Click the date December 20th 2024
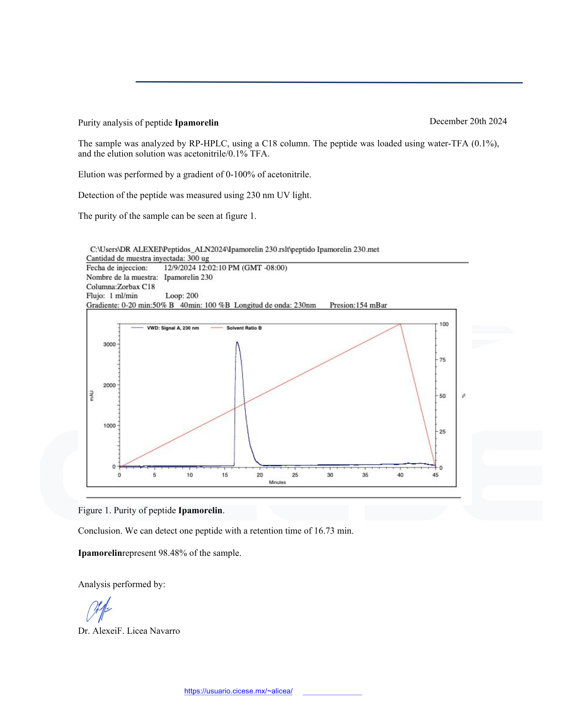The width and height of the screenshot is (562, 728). [x=468, y=121]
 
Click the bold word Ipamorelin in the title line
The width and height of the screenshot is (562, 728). [x=196, y=123]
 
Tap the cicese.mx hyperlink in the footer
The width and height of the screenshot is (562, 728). [x=238, y=691]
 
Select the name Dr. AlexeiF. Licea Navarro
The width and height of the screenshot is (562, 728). [x=129, y=631]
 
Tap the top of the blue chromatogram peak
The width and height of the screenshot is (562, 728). [x=237, y=342]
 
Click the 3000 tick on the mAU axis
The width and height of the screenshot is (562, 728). [x=109, y=344]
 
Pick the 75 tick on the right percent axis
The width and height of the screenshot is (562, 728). [x=442, y=360]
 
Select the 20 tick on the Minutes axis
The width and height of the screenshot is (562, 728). [x=260, y=475]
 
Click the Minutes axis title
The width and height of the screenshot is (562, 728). [x=277, y=482]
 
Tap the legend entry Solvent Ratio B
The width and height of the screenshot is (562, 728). [x=244, y=328]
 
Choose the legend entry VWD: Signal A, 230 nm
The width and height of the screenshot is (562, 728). [x=173, y=328]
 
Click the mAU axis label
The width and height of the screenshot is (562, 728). [x=92, y=396]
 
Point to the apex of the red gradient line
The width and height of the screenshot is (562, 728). [x=400, y=324]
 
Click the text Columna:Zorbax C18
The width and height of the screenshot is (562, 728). [x=120, y=286]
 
